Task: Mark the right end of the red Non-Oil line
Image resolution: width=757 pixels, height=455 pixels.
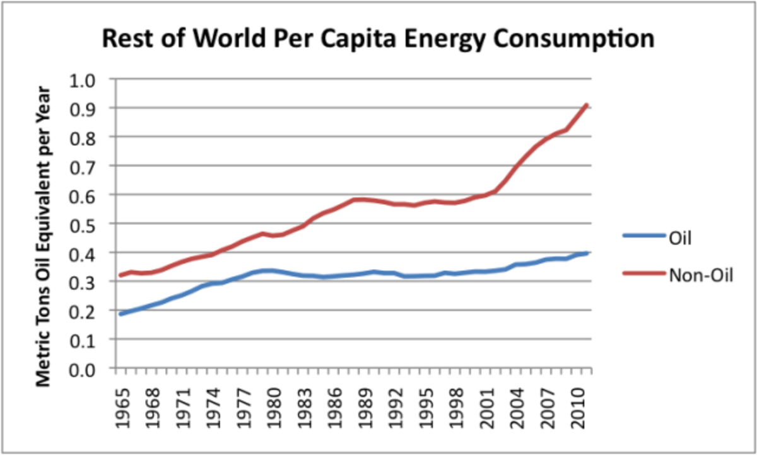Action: point(587,105)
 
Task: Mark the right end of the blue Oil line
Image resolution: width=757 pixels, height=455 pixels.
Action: point(587,253)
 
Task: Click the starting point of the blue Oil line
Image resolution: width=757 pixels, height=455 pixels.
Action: point(120,313)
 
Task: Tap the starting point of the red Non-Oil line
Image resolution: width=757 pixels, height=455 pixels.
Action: point(120,275)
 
